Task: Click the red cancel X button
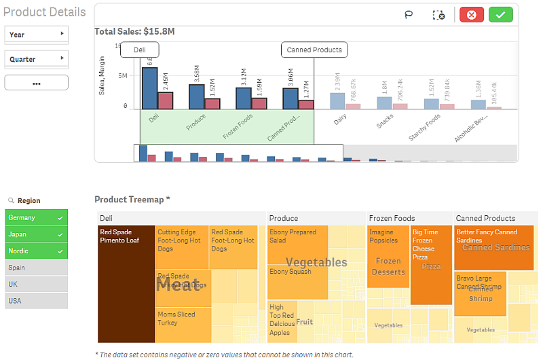(472, 15)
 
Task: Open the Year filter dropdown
(37, 35)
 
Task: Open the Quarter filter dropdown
(37, 59)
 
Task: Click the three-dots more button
(37, 83)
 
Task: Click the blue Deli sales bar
(149, 88)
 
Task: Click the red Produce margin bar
(212, 104)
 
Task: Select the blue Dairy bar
(337, 101)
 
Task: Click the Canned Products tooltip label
(314, 50)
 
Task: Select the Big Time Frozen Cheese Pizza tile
(431, 265)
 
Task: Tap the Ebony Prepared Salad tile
(297, 245)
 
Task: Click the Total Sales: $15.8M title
(134, 31)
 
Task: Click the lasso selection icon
(409, 15)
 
